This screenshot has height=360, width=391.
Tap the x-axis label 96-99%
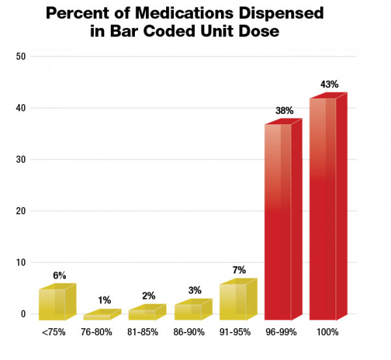282,332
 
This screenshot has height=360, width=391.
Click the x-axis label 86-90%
191,332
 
